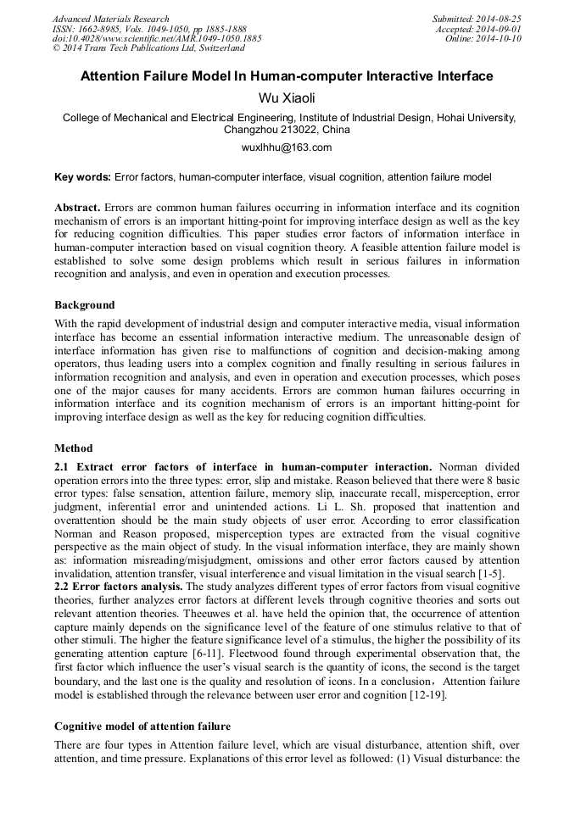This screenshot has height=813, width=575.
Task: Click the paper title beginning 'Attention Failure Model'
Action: click(287, 76)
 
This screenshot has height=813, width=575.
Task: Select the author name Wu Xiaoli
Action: click(287, 98)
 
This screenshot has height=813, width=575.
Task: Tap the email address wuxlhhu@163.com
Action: click(287, 148)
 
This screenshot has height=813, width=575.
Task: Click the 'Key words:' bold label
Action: click(82, 177)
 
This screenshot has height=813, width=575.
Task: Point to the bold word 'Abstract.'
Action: click(77, 208)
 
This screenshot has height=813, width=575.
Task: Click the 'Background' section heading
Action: click(85, 304)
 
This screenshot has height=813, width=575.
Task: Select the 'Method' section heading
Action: click(74, 448)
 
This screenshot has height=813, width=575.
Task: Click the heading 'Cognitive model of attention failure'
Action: click(142, 727)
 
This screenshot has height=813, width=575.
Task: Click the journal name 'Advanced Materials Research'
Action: click(110, 19)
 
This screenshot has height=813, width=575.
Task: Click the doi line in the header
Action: click(157, 39)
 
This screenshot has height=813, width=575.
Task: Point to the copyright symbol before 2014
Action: click(57, 49)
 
